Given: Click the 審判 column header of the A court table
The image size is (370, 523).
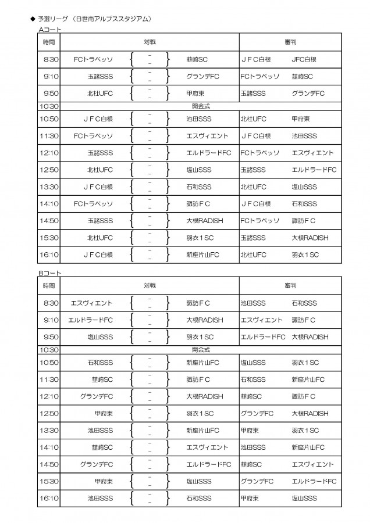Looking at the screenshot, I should (x=290, y=42).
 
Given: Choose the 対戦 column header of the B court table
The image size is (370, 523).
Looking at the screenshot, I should (x=150, y=286).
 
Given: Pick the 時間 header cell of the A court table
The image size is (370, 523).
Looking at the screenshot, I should (x=49, y=42).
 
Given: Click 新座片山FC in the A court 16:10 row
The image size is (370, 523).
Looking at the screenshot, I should (x=202, y=255).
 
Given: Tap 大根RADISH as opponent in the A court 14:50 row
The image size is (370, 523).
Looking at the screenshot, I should (x=205, y=221).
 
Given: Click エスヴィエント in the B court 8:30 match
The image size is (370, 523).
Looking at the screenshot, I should (x=91, y=303).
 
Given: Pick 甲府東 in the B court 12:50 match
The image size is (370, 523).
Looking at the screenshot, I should (x=104, y=414).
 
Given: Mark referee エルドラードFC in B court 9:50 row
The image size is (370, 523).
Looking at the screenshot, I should (x=263, y=337).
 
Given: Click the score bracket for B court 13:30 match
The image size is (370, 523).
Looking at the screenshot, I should (x=150, y=431).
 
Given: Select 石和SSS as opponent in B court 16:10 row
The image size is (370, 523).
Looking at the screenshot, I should (x=199, y=499).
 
